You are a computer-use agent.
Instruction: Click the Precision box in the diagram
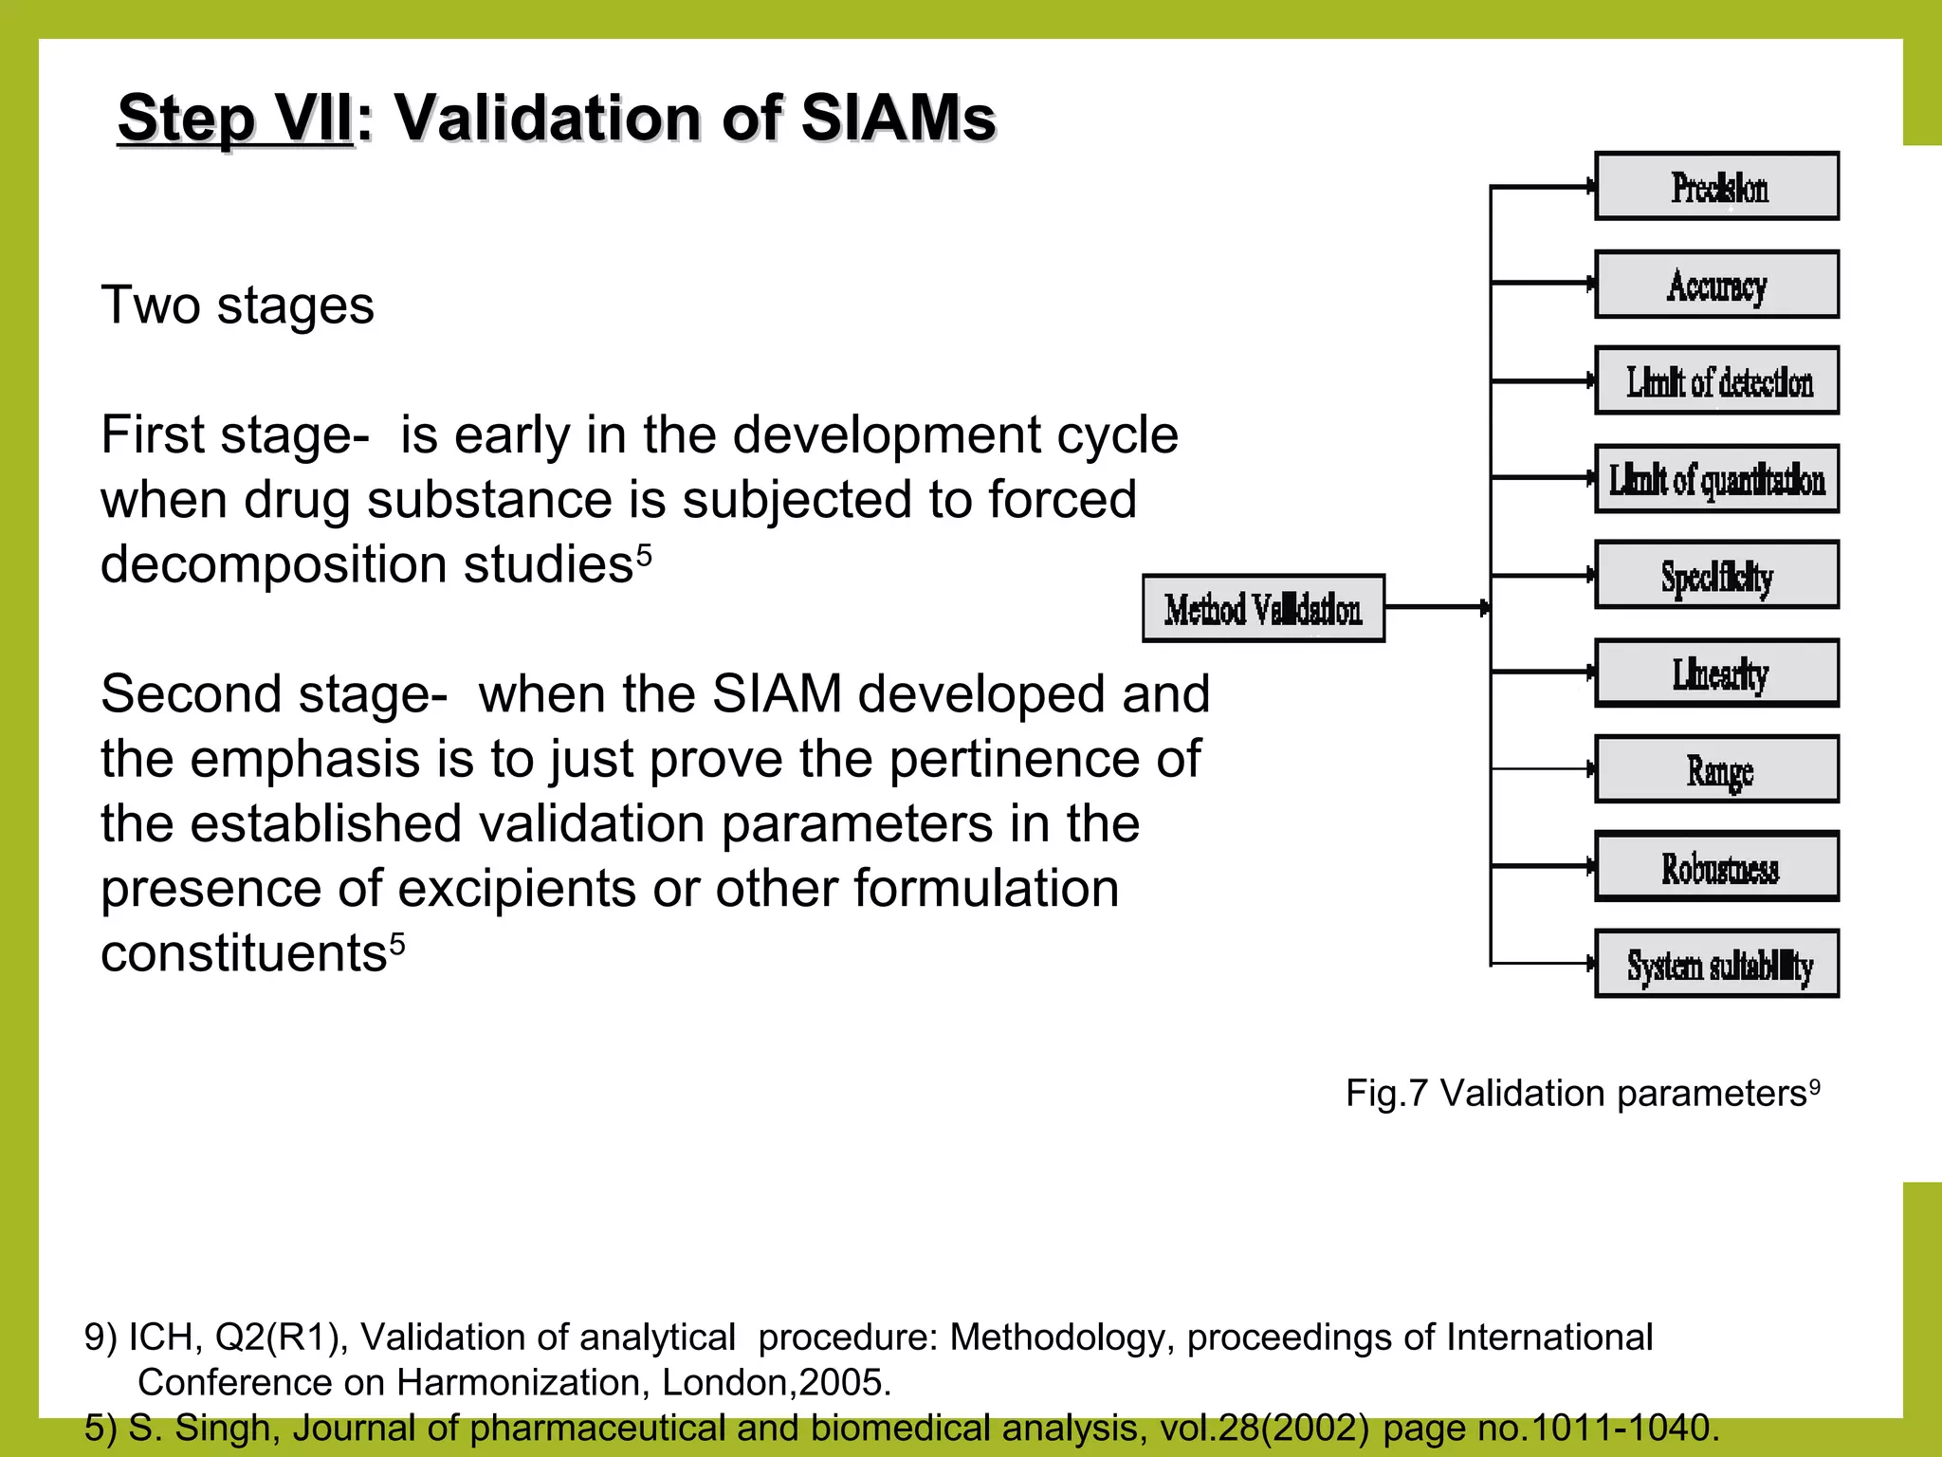(1716, 187)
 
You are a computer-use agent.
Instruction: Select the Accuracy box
(1716, 285)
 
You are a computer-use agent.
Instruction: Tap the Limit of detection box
(1716, 381)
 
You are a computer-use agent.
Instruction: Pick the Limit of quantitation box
(1716, 479)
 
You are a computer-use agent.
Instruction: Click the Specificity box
(1716, 576)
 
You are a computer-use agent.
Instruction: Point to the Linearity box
(1716, 673)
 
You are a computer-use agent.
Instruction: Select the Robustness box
(1716, 867)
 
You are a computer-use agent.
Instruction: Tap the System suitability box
(1716, 965)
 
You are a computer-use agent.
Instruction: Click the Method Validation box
(1263, 609)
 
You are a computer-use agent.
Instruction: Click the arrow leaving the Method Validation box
(1437, 607)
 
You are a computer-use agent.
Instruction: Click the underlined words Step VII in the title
(235, 119)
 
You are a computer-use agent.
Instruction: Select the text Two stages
(237, 305)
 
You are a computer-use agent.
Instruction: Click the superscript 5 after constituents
(397, 942)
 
